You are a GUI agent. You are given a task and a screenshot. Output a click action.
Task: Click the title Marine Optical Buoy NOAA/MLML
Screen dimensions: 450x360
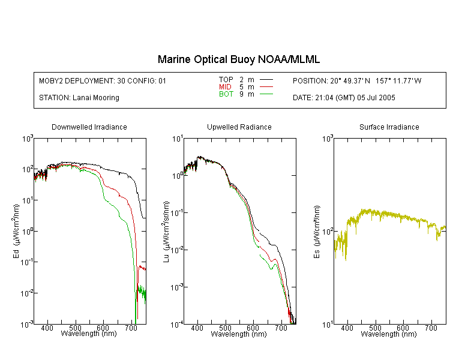coord(238,59)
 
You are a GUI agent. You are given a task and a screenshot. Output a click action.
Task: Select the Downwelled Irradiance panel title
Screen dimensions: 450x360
coord(89,127)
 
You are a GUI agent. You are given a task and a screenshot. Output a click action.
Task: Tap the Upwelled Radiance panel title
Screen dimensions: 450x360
coord(239,127)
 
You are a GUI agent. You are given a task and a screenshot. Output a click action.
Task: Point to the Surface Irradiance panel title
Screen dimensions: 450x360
coord(389,127)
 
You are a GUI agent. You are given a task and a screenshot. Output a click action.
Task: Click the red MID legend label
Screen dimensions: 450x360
coord(225,87)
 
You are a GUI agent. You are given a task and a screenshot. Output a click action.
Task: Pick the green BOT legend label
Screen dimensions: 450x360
coord(226,94)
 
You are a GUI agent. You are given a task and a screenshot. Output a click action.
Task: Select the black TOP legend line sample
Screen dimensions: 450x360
coord(266,80)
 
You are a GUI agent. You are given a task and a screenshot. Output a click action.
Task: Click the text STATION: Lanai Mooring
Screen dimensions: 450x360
coord(79,98)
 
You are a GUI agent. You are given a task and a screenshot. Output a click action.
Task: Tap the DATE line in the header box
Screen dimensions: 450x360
coord(344,98)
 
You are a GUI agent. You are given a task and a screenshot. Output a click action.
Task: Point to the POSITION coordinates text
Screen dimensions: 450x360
coord(357,80)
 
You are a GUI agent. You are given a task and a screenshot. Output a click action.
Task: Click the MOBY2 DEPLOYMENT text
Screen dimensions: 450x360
coord(103,80)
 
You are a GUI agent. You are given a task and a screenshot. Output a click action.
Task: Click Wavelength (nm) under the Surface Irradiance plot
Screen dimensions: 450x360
coord(389,334)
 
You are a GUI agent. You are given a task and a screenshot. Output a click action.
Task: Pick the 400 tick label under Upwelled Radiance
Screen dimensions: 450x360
coord(197,328)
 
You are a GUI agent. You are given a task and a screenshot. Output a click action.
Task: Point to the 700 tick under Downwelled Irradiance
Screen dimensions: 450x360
coord(131,328)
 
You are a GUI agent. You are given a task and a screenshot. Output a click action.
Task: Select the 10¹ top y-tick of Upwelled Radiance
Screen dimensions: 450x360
coord(178,139)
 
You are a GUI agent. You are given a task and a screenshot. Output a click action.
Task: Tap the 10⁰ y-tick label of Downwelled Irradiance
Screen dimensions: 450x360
coord(28,231)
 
